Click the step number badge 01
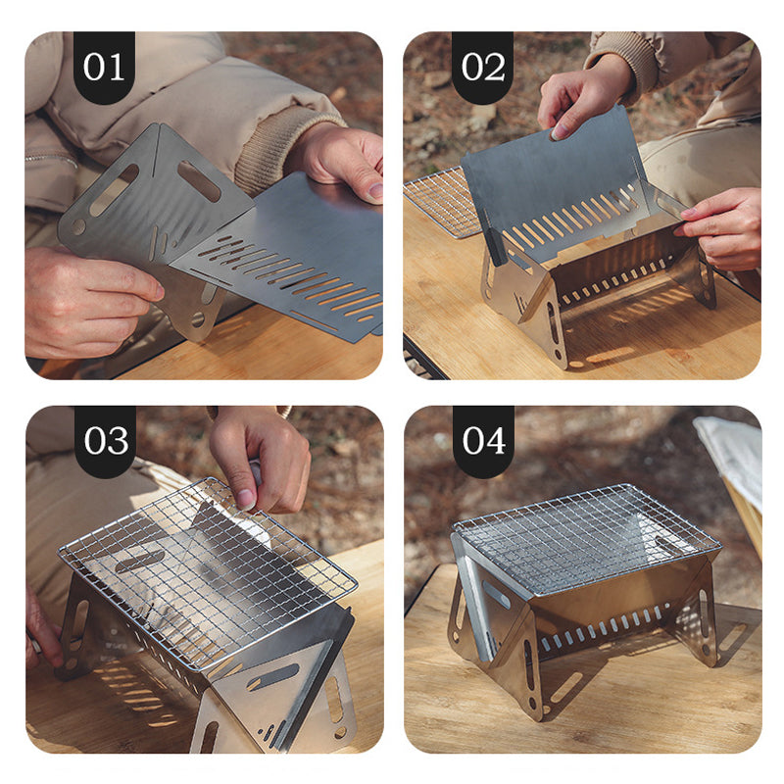point(104,67)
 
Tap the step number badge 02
point(483,67)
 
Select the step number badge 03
point(105,441)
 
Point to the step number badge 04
point(483,441)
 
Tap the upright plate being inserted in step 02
point(554,181)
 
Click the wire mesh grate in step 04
point(583,539)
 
